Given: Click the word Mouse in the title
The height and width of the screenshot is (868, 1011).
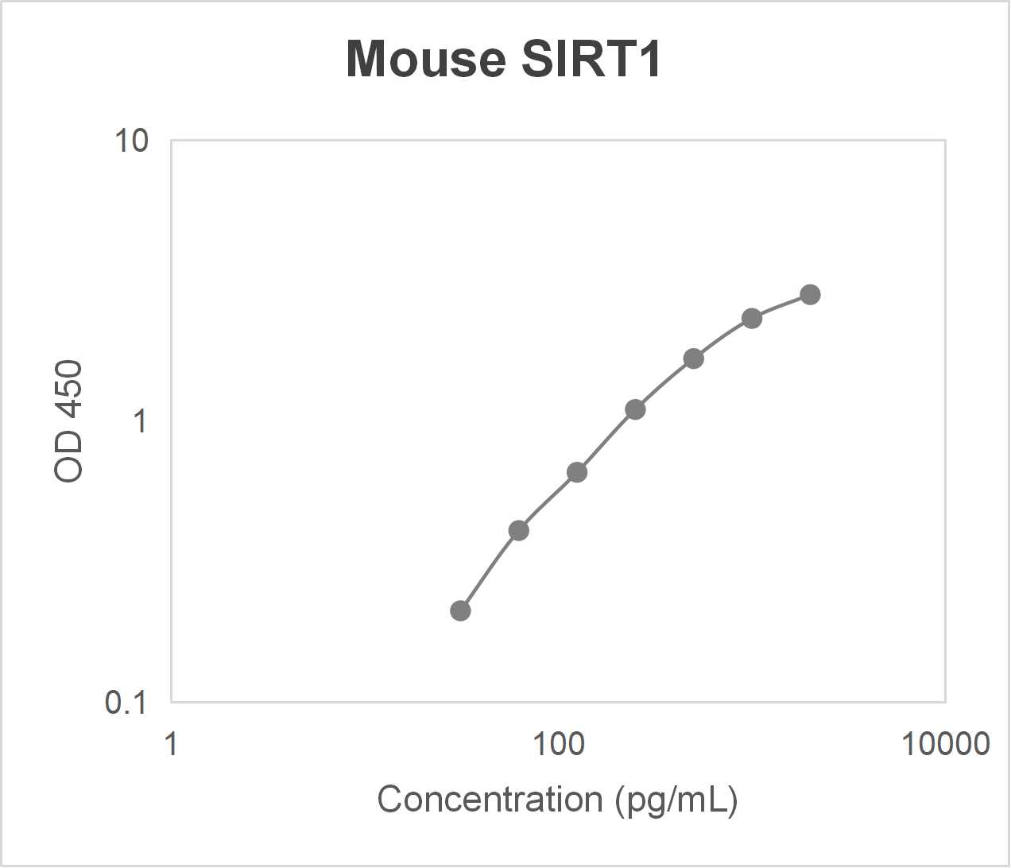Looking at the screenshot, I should (426, 60).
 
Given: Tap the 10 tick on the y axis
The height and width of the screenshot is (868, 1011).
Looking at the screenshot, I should (131, 141).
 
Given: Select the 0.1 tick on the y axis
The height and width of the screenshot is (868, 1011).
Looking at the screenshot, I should (126, 702).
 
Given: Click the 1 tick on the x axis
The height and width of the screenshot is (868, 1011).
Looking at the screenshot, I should (171, 744).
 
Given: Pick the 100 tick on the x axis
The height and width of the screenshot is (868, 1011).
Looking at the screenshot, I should (558, 744).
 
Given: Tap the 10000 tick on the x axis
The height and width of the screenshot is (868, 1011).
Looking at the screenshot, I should (945, 744).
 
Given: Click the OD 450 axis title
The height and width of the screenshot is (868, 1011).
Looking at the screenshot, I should (69, 421).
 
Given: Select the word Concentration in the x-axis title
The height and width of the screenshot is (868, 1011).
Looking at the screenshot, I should (490, 800).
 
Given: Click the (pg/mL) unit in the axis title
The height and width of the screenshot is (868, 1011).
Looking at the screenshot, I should (676, 800).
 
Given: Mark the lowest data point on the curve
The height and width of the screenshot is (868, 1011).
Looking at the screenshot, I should (460, 610).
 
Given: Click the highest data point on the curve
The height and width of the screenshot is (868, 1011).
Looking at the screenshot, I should (810, 294).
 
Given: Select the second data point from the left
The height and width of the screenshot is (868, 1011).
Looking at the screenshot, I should (518, 530).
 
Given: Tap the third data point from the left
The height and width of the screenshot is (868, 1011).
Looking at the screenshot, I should (577, 472).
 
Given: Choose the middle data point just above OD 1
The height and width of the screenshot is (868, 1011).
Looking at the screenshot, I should (635, 409).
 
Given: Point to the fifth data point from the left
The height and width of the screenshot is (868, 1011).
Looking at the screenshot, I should (694, 358).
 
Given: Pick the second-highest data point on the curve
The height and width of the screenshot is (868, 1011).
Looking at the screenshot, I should (752, 318).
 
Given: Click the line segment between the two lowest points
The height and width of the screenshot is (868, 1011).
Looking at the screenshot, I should (488, 568).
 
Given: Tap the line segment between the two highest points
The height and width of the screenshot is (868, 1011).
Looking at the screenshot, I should (781, 304).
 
